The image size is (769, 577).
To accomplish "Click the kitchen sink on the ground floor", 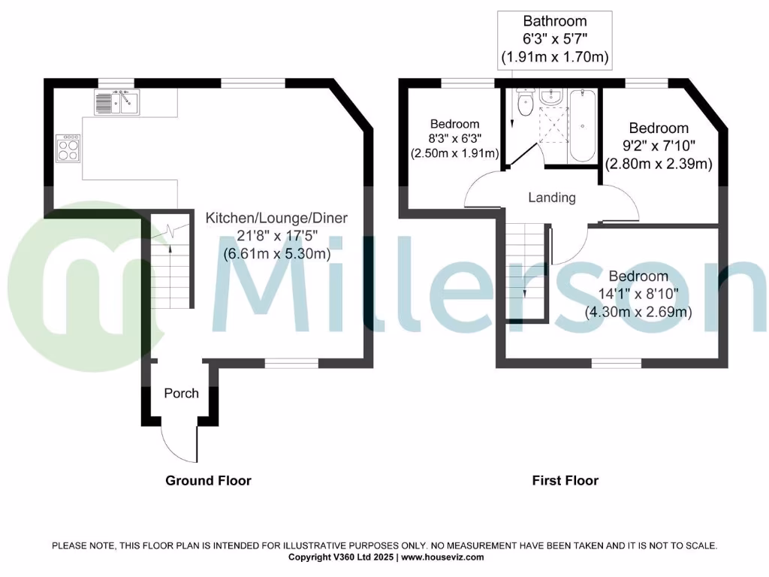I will click(x=117, y=101).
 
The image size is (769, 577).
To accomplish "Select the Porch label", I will click(x=182, y=393).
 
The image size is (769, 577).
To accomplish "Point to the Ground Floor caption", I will click(x=208, y=481).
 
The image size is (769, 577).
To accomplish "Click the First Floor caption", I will click(x=565, y=481).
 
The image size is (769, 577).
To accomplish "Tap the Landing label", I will click(x=552, y=198).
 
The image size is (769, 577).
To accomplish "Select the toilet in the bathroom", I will click(x=524, y=106).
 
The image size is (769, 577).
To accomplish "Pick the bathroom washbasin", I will click(x=551, y=96).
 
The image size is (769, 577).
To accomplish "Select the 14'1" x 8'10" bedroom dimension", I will click(x=638, y=294).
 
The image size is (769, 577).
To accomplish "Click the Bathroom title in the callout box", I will click(x=554, y=21).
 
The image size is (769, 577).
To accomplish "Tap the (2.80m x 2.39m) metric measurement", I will click(x=659, y=164).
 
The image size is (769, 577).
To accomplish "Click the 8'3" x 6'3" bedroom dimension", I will click(x=454, y=138).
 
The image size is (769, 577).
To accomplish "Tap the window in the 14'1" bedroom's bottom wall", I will click(x=616, y=363).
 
